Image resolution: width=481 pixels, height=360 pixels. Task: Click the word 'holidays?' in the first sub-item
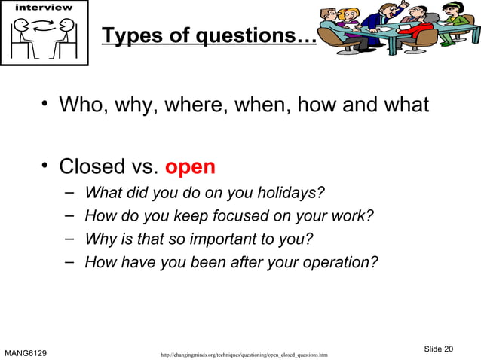point(290,194)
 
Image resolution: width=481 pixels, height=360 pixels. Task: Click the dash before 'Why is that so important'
point(69,239)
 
